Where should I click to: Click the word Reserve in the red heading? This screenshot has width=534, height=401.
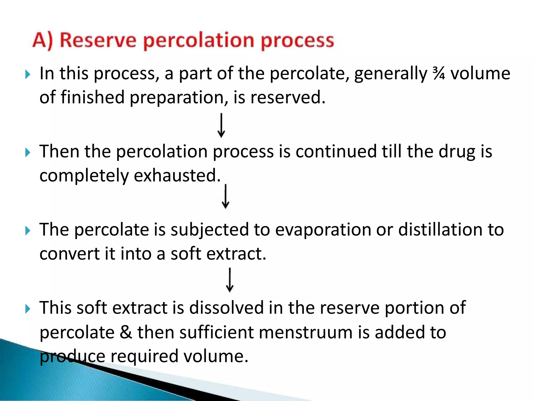point(98,40)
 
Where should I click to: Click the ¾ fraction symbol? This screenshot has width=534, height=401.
point(439,73)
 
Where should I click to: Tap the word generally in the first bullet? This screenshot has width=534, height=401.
point(391,74)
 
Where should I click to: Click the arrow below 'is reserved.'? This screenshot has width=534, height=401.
point(221,125)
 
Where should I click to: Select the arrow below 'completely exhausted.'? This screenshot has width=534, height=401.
point(226,196)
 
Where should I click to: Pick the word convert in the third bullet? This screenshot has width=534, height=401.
point(69,254)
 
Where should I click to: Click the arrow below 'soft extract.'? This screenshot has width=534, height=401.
point(230,280)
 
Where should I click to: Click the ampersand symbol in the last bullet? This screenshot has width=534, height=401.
point(126,332)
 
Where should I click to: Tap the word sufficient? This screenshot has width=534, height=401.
point(196,332)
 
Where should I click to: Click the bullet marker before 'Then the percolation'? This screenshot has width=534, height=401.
point(28,152)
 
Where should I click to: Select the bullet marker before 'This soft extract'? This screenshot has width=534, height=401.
point(28,309)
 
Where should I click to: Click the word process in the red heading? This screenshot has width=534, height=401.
point(297,41)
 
